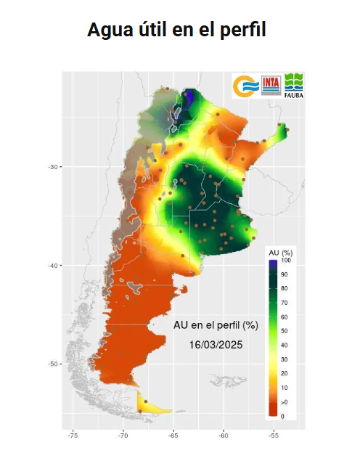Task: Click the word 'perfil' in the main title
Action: click(242, 30)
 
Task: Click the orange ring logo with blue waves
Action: click(245, 86)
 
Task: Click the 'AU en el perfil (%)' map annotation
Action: click(216, 325)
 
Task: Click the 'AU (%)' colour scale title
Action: click(280, 252)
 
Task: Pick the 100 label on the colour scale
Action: click(286, 260)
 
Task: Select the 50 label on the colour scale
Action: click(285, 331)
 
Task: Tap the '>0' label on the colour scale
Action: click(285, 401)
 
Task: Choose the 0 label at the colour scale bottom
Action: click(282, 416)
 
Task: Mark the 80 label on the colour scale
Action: click(285, 288)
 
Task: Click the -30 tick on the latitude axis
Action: click(54, 167)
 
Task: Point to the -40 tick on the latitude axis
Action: click(54, 266)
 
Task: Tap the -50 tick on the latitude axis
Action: click(54, 364)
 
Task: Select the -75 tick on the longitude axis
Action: click(73, 436)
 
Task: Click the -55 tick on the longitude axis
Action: click(274, 436)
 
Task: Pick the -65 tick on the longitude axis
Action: click(173, 436)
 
